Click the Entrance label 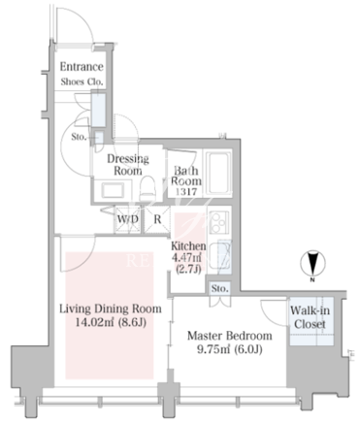[82, 67]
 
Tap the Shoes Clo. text [82, 81]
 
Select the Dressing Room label [128, 165]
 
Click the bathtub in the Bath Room [218, 173]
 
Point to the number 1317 [186, 191]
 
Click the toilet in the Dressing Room [147, 188]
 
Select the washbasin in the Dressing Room [113, 190]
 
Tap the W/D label [128, 219]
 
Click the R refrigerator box [157, 219]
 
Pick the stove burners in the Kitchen [219, 222]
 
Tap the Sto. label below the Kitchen [220, 288]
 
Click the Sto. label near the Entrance [79, 137]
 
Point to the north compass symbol [312, 264]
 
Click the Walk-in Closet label [310, 317]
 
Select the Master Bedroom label [230, 336]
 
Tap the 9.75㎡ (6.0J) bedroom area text [230, 349]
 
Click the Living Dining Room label [111, 309]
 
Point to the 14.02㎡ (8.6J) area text [111, 322]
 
